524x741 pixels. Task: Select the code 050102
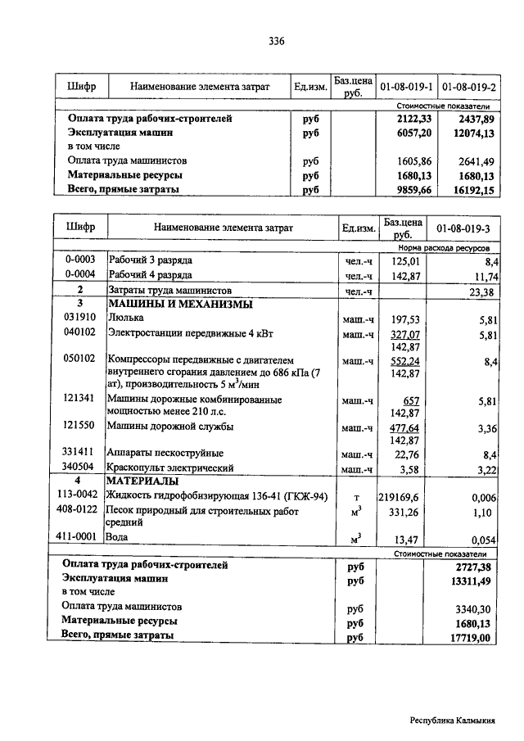tap(79, 359)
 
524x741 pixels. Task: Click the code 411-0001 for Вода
tap(80, 537)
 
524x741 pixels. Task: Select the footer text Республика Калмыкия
tap(452, 721)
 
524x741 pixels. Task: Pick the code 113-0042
tap(80, 495)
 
